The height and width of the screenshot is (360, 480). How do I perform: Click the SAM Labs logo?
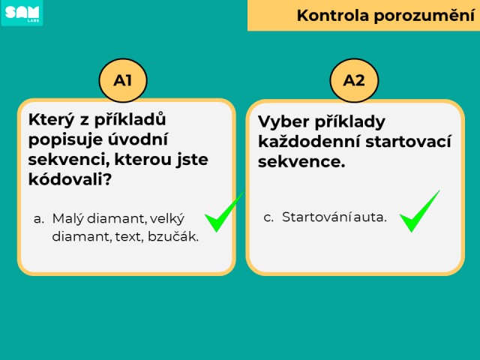(22, 13)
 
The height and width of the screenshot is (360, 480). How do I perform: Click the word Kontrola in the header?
(333, 15)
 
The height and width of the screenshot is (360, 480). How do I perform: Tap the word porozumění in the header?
(424, 16)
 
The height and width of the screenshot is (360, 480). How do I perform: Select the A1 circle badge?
(123, 80)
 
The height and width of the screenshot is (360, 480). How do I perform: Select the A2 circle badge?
(354, 80)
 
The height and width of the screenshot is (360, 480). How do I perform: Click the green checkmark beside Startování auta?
(419, 211)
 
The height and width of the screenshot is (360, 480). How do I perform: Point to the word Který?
(52, 120)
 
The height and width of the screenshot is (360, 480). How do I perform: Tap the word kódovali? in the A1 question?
(70, 179)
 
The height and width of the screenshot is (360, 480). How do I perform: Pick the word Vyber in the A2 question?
(283, 121)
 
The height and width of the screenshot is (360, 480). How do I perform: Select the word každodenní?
(309, 142)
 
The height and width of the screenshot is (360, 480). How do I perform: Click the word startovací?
(408, 142)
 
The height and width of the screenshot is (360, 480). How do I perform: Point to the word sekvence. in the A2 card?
(301, 162)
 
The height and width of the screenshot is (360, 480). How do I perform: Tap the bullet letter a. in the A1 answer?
(39, 219)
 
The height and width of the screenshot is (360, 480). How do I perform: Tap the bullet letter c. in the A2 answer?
(268, 217)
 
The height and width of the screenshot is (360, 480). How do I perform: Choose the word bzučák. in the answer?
(173, 236)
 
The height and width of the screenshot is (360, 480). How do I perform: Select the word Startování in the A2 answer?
(316, 217)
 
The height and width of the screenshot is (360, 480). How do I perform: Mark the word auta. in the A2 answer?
(370, 217)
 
